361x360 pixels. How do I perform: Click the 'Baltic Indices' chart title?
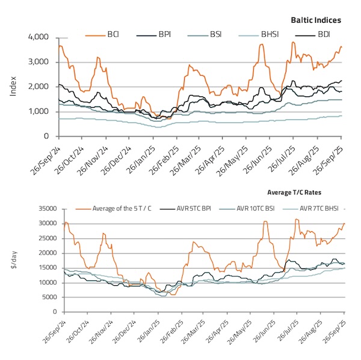pos(316,20)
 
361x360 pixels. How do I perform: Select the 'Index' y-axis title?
pos(14,86)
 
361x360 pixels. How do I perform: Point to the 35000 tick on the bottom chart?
pos(46,209)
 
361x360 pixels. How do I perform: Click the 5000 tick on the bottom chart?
pos(48,297)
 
